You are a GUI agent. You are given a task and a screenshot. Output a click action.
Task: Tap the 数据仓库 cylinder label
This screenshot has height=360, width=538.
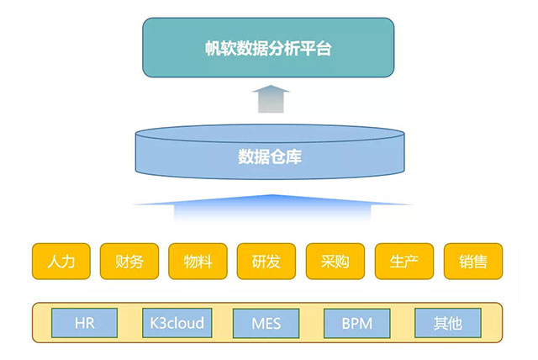tap(269, 156)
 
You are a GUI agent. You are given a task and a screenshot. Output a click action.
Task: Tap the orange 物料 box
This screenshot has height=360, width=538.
tap(198, 262)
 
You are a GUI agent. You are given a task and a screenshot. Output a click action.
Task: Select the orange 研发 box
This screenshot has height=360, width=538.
tap(267, 262)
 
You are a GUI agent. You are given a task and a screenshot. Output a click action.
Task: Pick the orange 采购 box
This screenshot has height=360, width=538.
tap(336, 262)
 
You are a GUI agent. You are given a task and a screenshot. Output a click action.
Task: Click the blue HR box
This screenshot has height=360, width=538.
tap(85, 323)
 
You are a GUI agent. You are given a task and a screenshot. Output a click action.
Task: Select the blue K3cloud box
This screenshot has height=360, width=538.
tap(177, 323)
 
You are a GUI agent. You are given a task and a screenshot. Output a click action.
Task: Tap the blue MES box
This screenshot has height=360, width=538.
tap(267, 323)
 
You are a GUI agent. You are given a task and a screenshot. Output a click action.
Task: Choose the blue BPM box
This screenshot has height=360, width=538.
tap(357, 323)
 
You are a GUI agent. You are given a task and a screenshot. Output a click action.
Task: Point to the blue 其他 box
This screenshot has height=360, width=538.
tap(448, 323)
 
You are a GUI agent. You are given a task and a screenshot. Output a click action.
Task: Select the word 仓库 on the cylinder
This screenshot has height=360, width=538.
tap(286, 156)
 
